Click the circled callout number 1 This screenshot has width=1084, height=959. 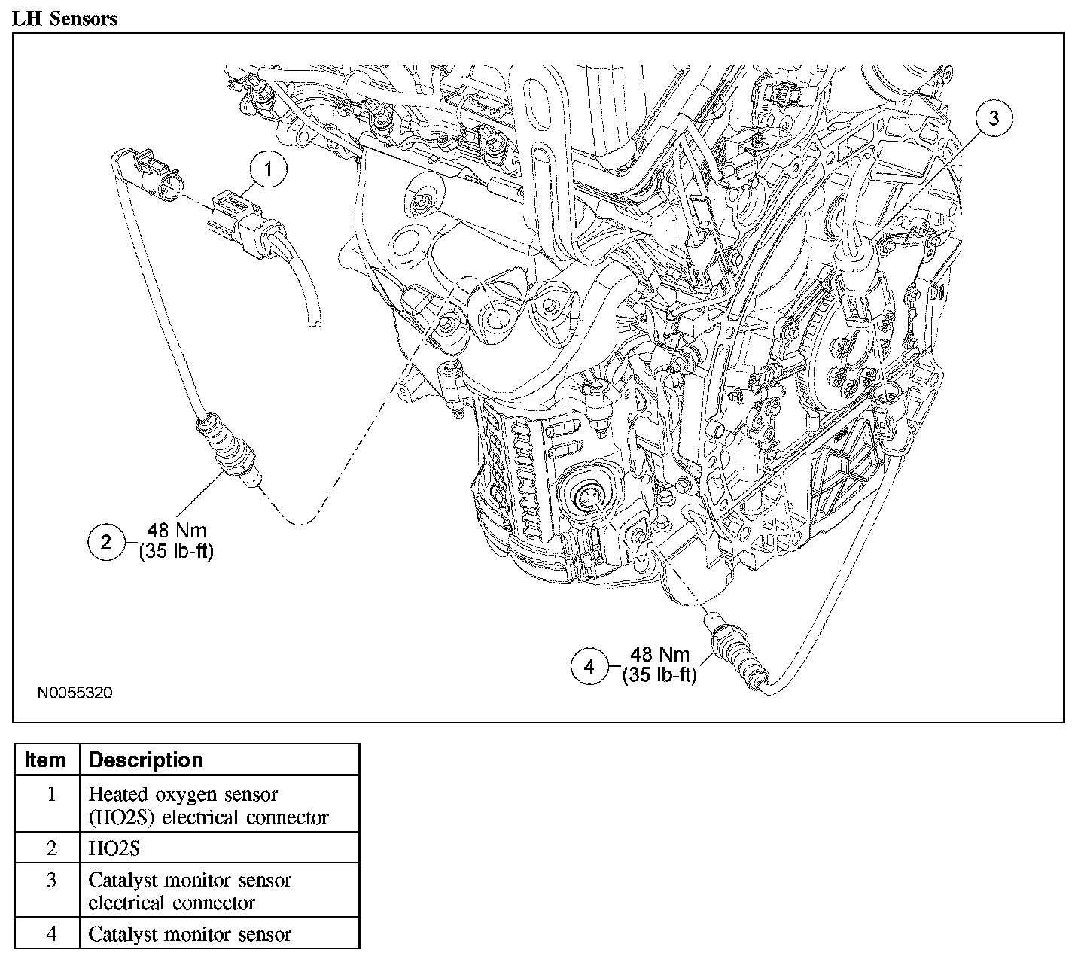[x=268, y=169]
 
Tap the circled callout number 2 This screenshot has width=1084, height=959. [x=106, y=542]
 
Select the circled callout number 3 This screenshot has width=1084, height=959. [x=994, y=117]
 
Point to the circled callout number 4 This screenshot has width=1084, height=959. [x=589, y=667]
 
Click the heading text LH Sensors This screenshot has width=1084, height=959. [x=65, y=19]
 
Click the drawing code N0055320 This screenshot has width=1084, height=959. [x=75, y=693]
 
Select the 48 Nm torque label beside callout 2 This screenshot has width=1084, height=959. [x=177, y=531]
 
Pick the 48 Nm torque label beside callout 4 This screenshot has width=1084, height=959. [x=659, y=654]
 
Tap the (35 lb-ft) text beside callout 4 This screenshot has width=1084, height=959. [x=659, y=675]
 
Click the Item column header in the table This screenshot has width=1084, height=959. [x=45, y=760]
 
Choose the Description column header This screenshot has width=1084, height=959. [x=146, y=760]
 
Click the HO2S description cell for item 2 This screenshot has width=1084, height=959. [x=114, y=849]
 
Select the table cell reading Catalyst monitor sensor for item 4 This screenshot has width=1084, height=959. [x=190, y=934]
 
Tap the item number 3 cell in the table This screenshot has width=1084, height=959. [x=51, y=880]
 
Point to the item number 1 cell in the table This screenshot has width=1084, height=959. [x=51, y=793]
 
